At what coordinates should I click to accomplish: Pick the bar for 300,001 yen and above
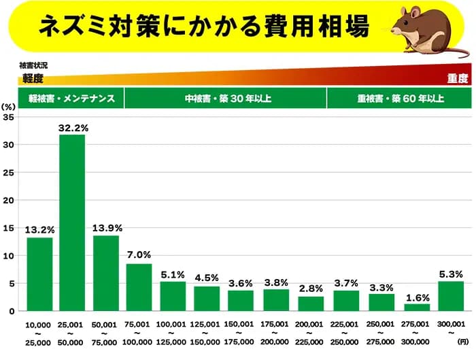451,296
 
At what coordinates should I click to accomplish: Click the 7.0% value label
139,255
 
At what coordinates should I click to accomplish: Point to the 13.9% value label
105,226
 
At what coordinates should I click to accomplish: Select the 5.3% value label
451,272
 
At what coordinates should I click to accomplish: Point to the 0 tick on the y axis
12,311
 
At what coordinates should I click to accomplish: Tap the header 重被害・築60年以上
400,99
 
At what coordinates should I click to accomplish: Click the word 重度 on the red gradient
457,78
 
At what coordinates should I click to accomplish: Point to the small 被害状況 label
33,65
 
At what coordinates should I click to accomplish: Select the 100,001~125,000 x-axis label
172,333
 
